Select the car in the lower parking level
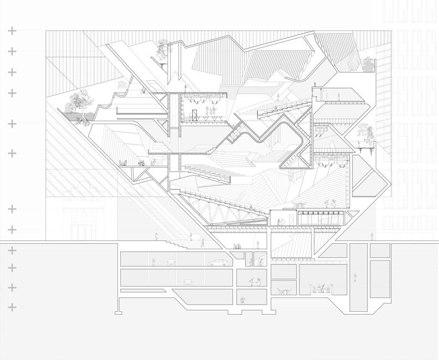pos(190,281)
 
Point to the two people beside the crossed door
pos(210,113)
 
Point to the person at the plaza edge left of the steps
pos(156,237)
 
